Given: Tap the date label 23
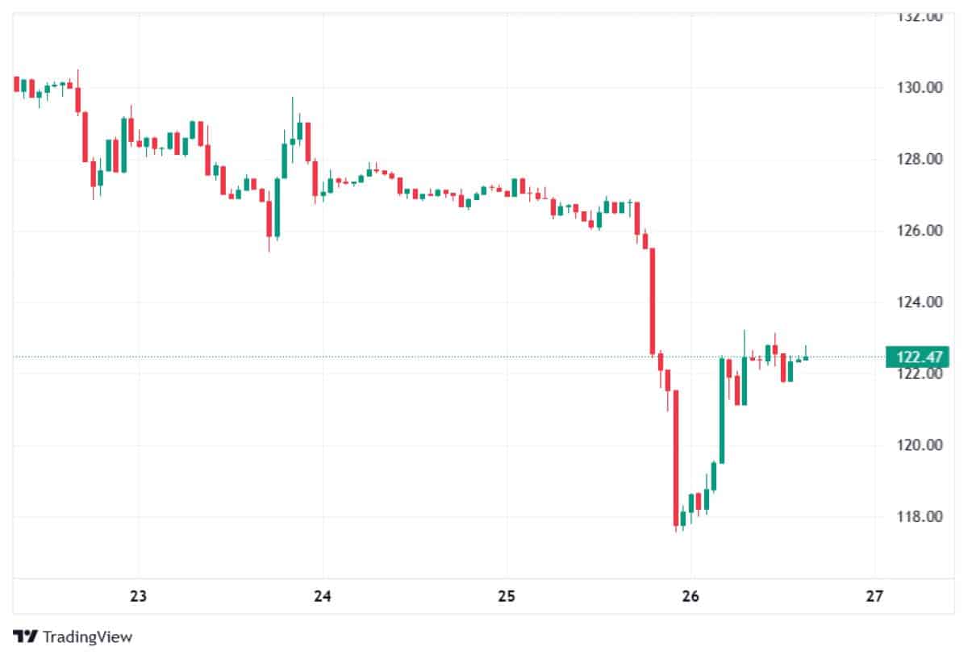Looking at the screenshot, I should pyautogui.click(x=139, y=597).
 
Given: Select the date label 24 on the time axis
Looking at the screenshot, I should pyautogui.click(x=323, y=597).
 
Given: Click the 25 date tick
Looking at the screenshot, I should pyautogui.click(x=507, y=597).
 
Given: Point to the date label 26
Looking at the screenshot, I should pyautogui.click(x=691, y=597).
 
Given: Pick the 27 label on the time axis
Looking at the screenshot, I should pyautogui.click(x=874, y=597).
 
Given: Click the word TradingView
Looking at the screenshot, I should pyautogui.click(x=87, y=637).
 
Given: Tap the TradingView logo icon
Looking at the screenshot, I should pyautogui.click(x=26, y=637).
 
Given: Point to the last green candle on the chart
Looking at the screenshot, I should pyautogui.click(x=805, y=357).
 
